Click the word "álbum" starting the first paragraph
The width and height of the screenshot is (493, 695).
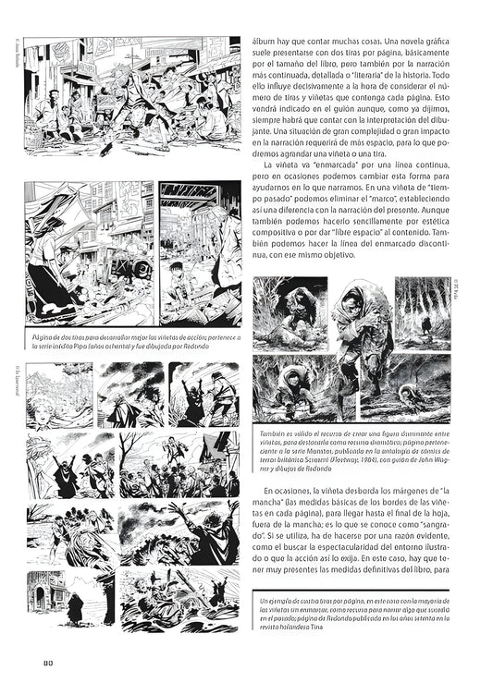(x=267, y=42)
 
